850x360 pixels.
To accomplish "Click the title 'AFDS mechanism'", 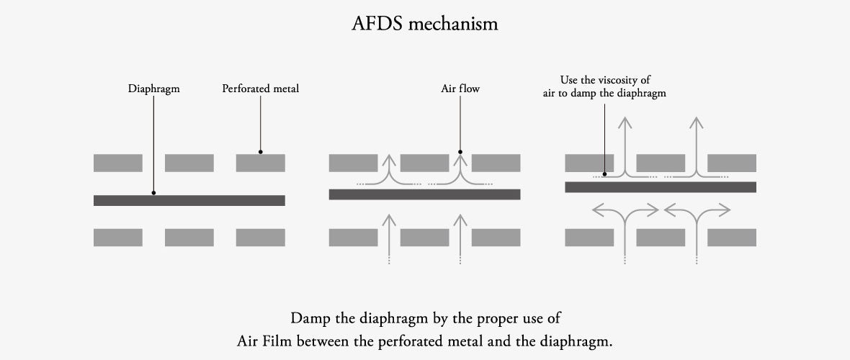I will pyautogui.click(x=425, y=24).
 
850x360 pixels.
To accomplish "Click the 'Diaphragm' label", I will pyautogui.click(x=153, y=89).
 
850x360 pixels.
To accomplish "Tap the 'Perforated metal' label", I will pyautogui.click(x=260, y=89).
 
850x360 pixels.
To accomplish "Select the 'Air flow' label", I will pyautogui.click(x=460, y=89).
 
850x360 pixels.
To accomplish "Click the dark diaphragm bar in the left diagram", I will pyautogui.click(x=189, y=200).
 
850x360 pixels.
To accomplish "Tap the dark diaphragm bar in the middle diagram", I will pyautogui.click(x=424, y=194).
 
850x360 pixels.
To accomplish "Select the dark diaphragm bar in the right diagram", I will pyautogui.click(x=660, y=187).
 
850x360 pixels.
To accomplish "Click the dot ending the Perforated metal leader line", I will pyautogui.click(x=260, y=152).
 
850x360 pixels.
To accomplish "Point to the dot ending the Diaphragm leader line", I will pyautogui.click(x=153, y=193).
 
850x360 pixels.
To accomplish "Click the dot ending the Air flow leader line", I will pyautogui.click(x=460, y=152).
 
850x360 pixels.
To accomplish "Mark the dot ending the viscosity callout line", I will pyautogui.click(x=604, y=174).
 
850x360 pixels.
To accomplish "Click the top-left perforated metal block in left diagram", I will pyautogui.click(x=117, y=163).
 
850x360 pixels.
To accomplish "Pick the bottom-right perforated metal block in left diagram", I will pyautogui.click(x=260, y=238).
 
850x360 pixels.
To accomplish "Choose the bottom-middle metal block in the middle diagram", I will pyautogui.click(x=424, y=238).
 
